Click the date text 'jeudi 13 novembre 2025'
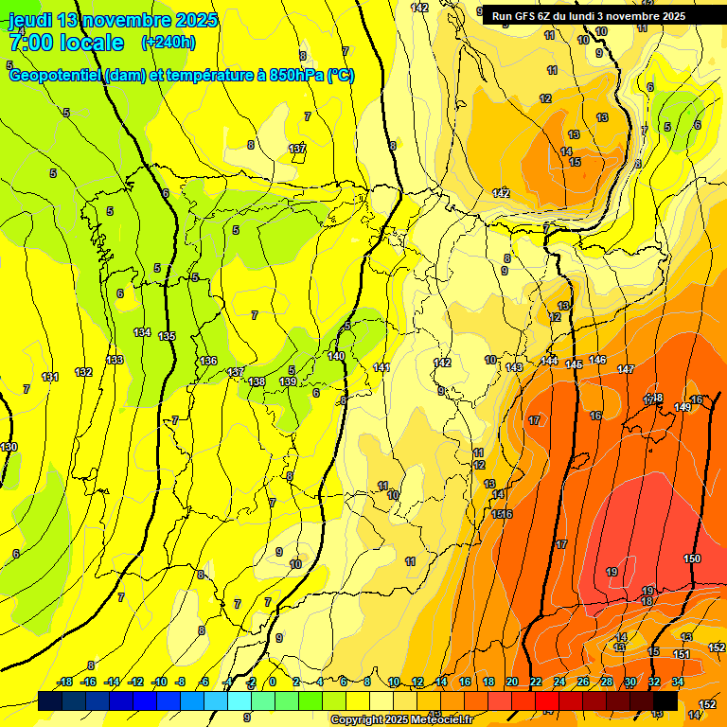[x=113, y=20]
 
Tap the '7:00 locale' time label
[x=66, y=43]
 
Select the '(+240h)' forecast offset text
[x=168, y=43]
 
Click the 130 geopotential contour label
[x=9, y=447]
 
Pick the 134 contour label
[x=142, y=332]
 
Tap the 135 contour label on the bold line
[x=168, y=336]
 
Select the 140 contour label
[x=336, y=356]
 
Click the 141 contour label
[x=381, y=367]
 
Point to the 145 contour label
[x=574, y=364]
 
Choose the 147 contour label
[x=626, y=369]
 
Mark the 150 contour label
[x=692, y=559]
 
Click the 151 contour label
[x=682, y=654]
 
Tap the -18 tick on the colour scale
[x=65, y=682]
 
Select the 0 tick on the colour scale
[x=272, y=682]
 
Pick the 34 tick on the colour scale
[x=678, y=682]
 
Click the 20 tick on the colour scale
[x=512, y=682]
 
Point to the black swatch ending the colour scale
[x=665, y=700]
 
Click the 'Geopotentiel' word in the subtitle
[x=55, y=76]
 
